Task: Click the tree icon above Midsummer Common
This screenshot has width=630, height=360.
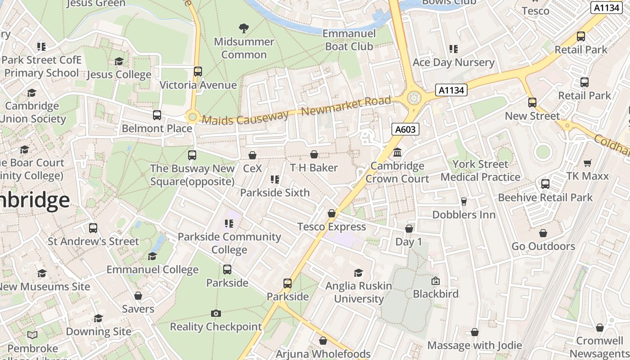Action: [x=244, y=28]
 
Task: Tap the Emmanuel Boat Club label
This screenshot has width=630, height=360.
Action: [x=349, y=40]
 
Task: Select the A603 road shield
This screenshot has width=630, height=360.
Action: [x=405, y=130]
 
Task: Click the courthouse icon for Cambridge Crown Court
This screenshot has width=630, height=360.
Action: [x=397, y=153]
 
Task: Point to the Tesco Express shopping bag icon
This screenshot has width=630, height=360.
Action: [x=332, y=213]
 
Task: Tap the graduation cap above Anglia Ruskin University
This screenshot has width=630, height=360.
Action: [x=359, y=273]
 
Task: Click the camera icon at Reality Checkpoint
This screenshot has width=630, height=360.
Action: [x=216, y=313]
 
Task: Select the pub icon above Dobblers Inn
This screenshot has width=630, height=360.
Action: [x=464, y=201]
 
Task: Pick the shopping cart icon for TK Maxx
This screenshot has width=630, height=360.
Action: [x=587, y=163]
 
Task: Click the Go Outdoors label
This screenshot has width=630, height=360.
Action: [x=543, y=246]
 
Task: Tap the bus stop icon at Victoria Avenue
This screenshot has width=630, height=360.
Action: [x=198, y=71]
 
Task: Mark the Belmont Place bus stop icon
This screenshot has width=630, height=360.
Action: [x=157, y=115]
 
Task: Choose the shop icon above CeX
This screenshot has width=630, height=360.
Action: [x=252, y=155]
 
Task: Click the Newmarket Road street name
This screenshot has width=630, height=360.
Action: [x=346, y=106]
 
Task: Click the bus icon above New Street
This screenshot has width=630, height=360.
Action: [x=532, y=102]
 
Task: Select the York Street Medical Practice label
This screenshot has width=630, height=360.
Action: [x=480, y=171]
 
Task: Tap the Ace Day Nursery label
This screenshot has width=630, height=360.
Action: [x=453, y=62]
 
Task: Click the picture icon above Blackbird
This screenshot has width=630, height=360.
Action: [x=436, y=281]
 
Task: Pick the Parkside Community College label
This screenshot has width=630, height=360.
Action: [x=229, y=243]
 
